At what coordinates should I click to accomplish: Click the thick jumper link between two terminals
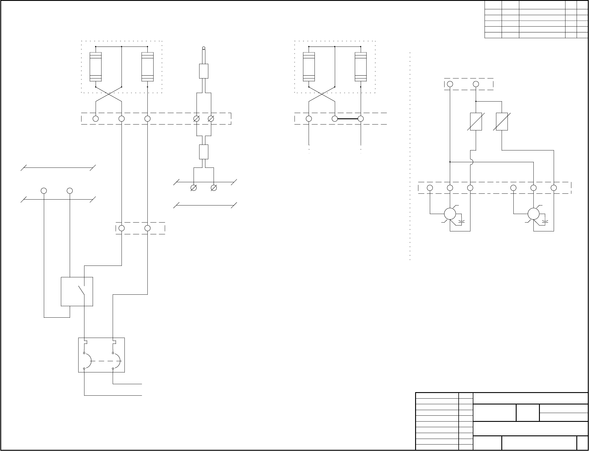pos(348,119)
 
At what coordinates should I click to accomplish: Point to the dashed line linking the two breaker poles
pos(102,361)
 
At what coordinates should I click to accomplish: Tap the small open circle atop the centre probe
pos(204,48)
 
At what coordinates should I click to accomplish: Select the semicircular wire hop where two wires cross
pos(471,162)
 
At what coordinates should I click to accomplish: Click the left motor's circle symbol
pos(450,214)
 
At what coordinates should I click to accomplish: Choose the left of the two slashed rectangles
pos(476,122)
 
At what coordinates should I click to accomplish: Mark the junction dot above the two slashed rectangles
pos(476,102)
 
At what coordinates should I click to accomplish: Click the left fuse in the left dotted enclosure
pos(96,67)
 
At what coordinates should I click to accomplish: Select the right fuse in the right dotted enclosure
pos(361,67)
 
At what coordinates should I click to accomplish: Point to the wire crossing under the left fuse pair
pos(109,94)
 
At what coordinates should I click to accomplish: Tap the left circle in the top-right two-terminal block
pos(450,84)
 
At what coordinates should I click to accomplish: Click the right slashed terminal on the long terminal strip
pos(211,119)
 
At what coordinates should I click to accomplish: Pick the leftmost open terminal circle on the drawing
pos(44,191)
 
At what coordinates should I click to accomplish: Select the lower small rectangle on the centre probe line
pos(204,152)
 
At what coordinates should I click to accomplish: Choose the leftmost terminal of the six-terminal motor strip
pos(430,188)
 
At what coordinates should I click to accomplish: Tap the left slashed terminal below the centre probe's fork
pos(194,188)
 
